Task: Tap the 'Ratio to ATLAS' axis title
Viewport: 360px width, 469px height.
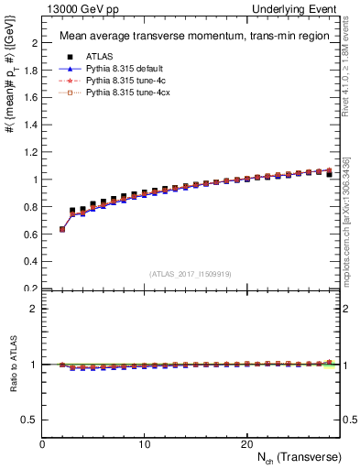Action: point(12,364)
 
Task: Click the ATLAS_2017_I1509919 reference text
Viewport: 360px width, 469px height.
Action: point(190,273)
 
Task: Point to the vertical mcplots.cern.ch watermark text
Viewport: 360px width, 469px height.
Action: point(347,220)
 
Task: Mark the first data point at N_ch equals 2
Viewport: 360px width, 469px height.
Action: point(62,229)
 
